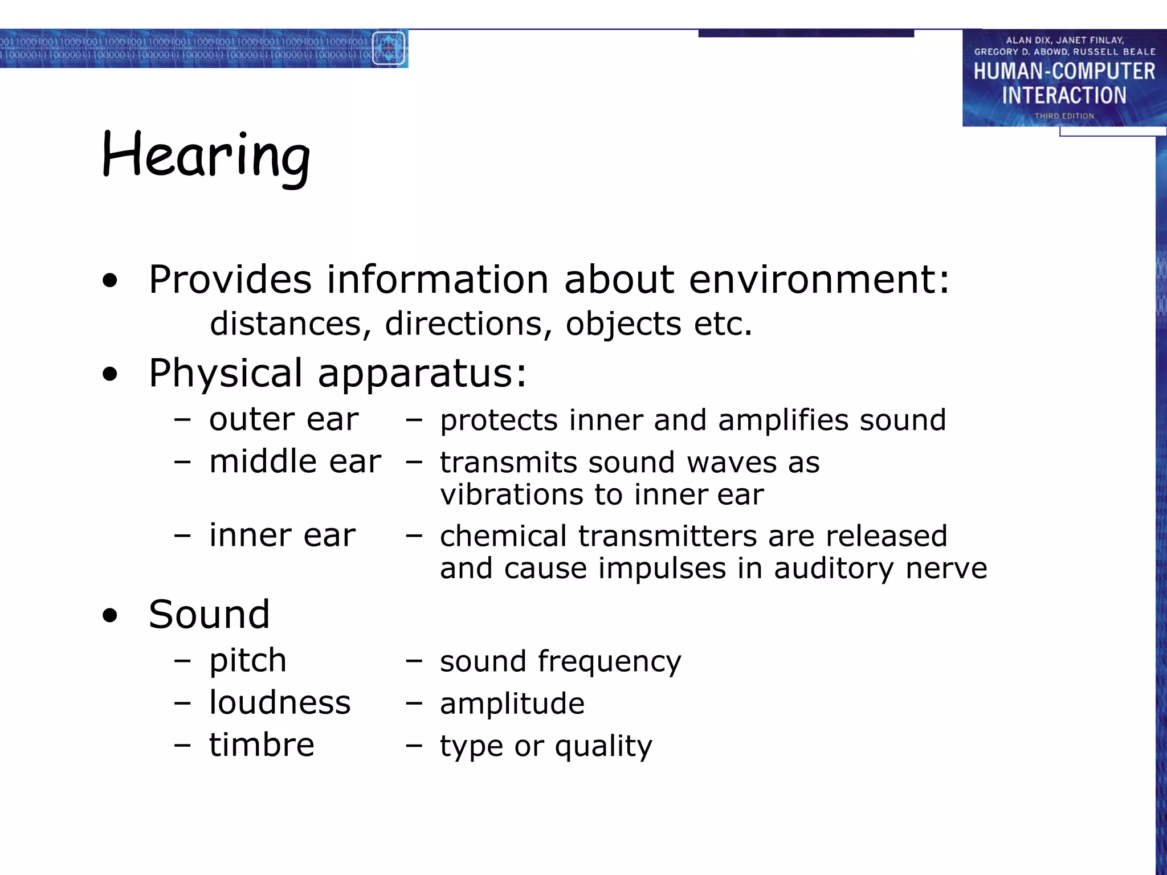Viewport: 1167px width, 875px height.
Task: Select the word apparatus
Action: (422, 373)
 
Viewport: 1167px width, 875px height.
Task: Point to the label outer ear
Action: (284, 420)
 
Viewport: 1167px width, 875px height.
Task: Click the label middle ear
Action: (295, 461)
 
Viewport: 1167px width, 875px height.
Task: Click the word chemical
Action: (503, 536)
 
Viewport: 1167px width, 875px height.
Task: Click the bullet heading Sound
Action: (209, 615)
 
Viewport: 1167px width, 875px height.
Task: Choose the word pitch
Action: (248, 661)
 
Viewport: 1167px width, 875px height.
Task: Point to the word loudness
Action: (280, 702)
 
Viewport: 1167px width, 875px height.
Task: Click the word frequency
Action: (609, 662)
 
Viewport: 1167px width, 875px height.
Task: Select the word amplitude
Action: (512, 704)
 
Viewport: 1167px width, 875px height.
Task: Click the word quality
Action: (603, 746)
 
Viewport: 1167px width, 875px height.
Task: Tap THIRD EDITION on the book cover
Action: (1064, 116)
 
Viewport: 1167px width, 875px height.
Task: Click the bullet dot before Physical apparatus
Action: (110, 374)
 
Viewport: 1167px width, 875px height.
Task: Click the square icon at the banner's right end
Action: (389, 48)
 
